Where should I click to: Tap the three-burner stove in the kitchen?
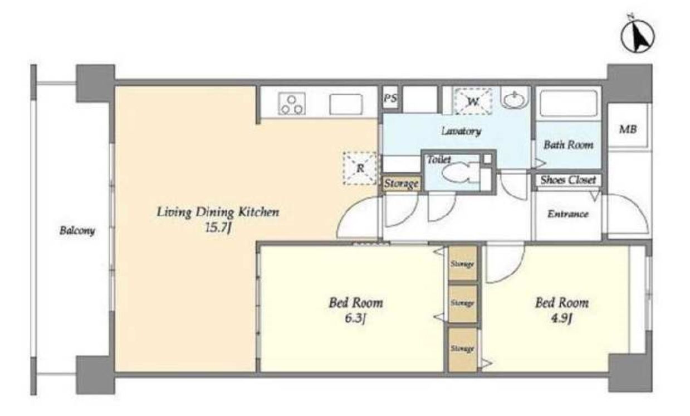(292, 104)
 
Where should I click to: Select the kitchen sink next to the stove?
(346, 104)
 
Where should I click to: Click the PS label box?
(390, 98)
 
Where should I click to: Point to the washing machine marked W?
(472, 101)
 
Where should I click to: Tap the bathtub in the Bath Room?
(569, 104)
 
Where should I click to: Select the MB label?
(628, 129)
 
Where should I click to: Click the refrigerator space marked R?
(360, 168)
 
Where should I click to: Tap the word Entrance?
(568, 214)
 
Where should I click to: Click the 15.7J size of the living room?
(218, 228)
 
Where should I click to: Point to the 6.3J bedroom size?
(355, 318)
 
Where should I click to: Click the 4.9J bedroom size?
(561, 318)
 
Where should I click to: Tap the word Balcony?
(77, 231)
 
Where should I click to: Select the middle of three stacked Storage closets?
(462, 304)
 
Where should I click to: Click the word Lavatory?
(461, 132)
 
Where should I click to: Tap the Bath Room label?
(569, 145)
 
